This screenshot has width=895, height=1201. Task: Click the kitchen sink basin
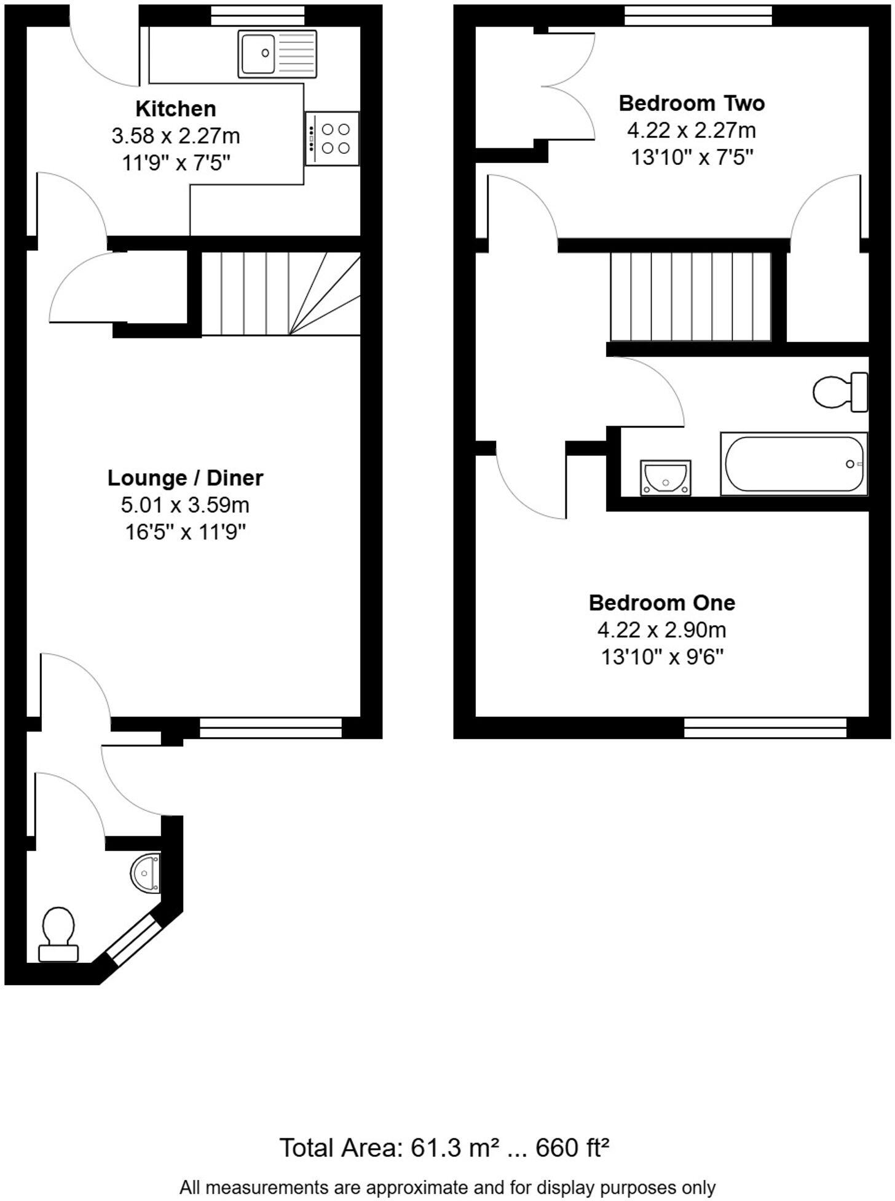258,54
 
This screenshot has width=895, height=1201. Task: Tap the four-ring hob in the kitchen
332,138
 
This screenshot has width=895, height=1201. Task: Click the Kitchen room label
176,109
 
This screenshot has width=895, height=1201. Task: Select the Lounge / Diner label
185,478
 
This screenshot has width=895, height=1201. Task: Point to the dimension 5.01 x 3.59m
185,505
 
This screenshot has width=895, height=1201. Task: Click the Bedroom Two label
692,103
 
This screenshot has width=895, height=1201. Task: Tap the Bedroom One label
662,602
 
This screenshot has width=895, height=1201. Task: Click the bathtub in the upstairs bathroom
794,464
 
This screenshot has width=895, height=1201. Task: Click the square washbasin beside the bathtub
665,477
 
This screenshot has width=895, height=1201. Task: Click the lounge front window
270,727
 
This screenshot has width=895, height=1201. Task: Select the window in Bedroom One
765,727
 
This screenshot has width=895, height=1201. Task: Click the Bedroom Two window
698,16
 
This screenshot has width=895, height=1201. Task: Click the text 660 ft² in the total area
572,1147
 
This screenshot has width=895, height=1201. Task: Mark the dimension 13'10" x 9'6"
662,657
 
